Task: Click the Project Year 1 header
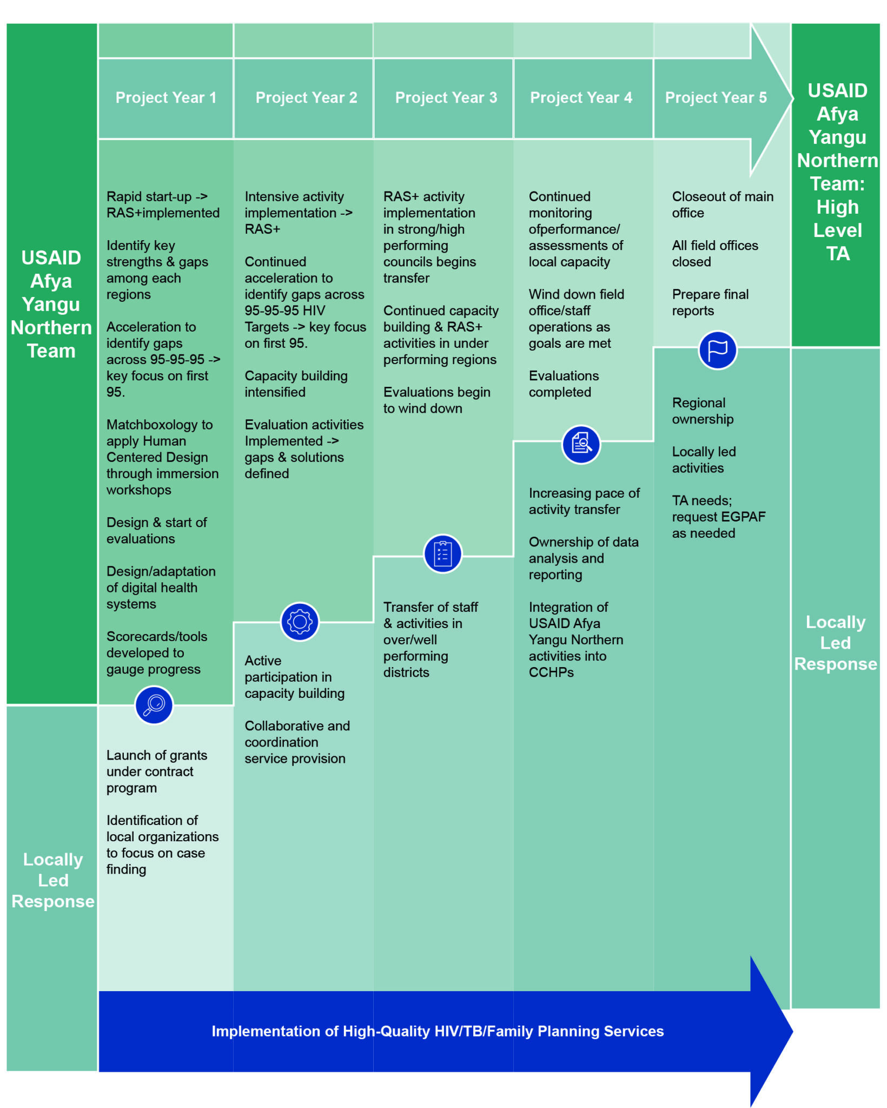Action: [x=166, y=98]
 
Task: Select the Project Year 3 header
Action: [x=446, y=98]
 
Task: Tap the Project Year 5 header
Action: [x=716, y=98]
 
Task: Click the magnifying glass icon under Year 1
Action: [x=154, y=705]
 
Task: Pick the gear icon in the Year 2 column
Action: [x=300, y=622]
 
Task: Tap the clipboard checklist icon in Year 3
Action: [x=443, y=553]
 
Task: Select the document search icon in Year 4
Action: [x=581, y=444]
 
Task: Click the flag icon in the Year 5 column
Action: [x=718, y=350]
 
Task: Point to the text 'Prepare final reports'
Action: [x=710, y=302]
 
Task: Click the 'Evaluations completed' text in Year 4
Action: [x=564, y=384]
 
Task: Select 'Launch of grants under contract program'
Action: [x=156, y=771]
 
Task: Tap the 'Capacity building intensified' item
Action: [x=296, y=384]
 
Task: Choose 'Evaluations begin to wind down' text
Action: [x=436, y=400]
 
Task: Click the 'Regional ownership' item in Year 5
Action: [x=703, y=411]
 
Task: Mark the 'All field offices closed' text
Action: [x=714, y=254]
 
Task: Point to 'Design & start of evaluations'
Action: [x=156, y=531]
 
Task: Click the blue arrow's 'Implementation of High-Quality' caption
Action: [x=437, y=1031]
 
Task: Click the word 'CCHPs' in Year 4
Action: [x=551, y=672]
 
